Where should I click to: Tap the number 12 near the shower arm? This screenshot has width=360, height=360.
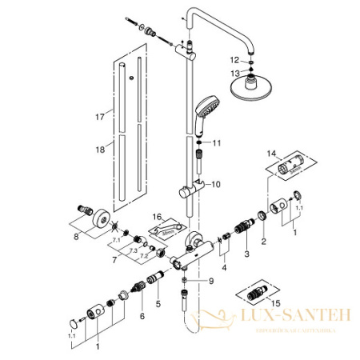click(235, 59)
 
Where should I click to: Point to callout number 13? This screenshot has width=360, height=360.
click(235, 73)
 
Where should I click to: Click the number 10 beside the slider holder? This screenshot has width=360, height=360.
click(214, 184)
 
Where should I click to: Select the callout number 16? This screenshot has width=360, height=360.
click(159, 218)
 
